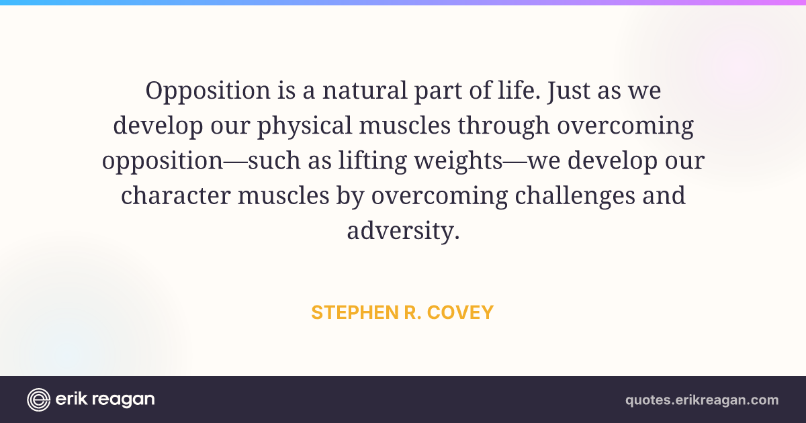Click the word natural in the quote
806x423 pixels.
click(365, 90)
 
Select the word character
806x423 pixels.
click(175, 196)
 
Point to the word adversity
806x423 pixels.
click(404, 231)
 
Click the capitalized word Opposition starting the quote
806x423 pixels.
click(208, 91)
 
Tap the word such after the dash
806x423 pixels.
click(274, 160)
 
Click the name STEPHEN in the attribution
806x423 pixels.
click(355, 312)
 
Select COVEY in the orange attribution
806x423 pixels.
click(460, 312)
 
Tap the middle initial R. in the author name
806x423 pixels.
click(412, 312)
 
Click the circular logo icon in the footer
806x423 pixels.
click(38, 399)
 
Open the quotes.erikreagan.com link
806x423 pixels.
click(702, 400)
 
